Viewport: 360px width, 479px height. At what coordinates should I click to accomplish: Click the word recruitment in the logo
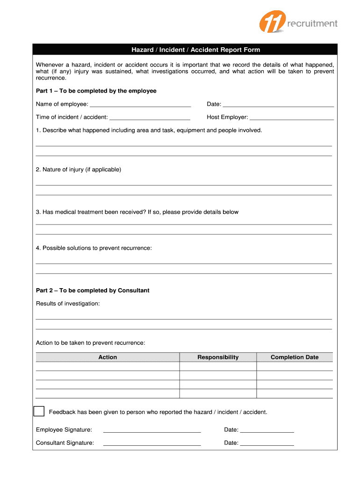pos(312,23)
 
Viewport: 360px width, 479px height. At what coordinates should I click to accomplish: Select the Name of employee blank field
pos(140,104)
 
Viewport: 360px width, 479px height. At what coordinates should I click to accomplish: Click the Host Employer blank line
pos(292,117)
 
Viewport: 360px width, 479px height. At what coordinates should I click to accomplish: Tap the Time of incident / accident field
pos(150,117)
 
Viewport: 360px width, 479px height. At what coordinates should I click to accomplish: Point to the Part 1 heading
pos(96,91)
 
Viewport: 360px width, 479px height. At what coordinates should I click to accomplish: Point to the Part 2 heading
pos(93,290)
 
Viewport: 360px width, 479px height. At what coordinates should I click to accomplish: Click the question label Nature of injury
pos(79,169)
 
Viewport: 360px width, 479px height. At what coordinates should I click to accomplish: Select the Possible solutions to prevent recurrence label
pos(94,248)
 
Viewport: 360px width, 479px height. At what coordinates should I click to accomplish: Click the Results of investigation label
pos(68,304)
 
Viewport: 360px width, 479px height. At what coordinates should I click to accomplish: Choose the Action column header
pos(108,357)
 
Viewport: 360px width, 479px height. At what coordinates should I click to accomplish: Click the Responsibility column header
pos(218,357)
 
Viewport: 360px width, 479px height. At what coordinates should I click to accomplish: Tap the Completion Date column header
pos(295,357)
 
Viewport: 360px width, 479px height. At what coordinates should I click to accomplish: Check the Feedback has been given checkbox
pos(39,411)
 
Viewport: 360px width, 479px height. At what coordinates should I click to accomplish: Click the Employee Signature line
pos(152,430)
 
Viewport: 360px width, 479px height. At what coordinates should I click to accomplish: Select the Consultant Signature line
pos(152,443)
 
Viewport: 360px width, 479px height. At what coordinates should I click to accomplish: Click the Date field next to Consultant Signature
pos(267,443)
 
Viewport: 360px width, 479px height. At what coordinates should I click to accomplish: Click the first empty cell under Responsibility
pos(218,367)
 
